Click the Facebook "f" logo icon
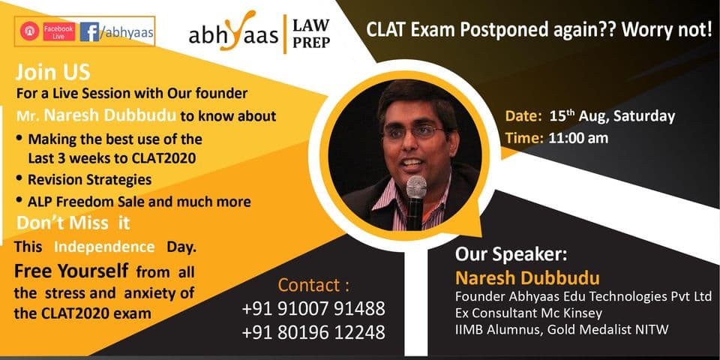pos(89,31)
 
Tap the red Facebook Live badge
pos(58,31)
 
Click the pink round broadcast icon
pos(29,31)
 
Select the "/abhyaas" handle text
pos(127,32)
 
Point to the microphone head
pos(416,187)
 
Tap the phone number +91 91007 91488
pos(313,309)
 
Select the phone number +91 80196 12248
pos(313,332)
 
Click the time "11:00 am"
pos(578,138)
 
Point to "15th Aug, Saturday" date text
pos(612,116)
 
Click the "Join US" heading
pos(52,73)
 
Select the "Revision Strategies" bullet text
pos(89,179)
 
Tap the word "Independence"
pos(104,247)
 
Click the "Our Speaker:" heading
pos(511,254)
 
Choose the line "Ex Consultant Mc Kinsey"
pos(529,313)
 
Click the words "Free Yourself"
pos(70,271)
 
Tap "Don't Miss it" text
pos(73,223)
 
